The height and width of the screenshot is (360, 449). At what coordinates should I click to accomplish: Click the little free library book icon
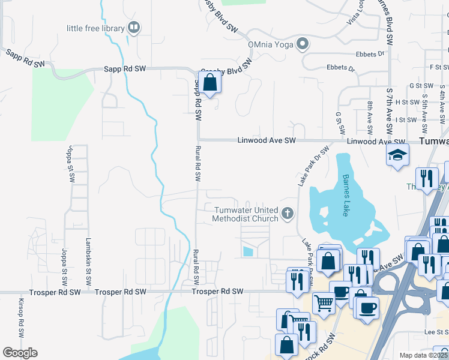(x=134, y=28)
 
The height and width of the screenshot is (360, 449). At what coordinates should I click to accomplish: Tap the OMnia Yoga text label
(x=272, y=44)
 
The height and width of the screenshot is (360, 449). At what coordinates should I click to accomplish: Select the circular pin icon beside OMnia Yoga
(x=303, y=44)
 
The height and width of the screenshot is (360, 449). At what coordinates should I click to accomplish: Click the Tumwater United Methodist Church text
(x=245, y=214)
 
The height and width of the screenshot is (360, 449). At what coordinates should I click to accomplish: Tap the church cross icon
(x=288, y=212)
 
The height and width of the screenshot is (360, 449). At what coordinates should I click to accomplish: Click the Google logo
(x=20, y=353)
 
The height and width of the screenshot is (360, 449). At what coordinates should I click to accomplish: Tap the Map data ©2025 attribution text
(x=423, y=355)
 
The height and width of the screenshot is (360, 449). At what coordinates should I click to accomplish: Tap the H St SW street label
(x=406, y=102)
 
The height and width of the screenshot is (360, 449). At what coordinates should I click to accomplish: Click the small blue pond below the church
(x=248, y=252)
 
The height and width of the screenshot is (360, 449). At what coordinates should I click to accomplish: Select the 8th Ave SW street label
(x=370, y=118)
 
